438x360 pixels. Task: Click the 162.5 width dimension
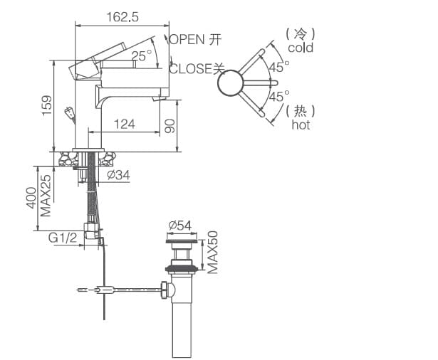(x=123, y=15)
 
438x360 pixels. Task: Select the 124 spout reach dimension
(x=124, y=125)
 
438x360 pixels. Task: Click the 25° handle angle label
(x=141, y=55)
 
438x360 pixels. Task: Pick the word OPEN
(x=187, y=40)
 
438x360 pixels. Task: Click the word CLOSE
(x=191, y=69)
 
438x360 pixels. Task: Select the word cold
(x=300, y=48)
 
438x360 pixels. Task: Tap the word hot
(x=301, y=125)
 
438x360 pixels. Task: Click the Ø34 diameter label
(x=118, y=174)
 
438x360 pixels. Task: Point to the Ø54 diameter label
(x=180, y=226)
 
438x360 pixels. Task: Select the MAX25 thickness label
(x=46, y=196)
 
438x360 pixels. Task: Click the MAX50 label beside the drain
(x=212, y=252)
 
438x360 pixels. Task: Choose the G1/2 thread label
(x=63, y=238)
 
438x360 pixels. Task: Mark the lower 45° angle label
(x=278, y=95)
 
